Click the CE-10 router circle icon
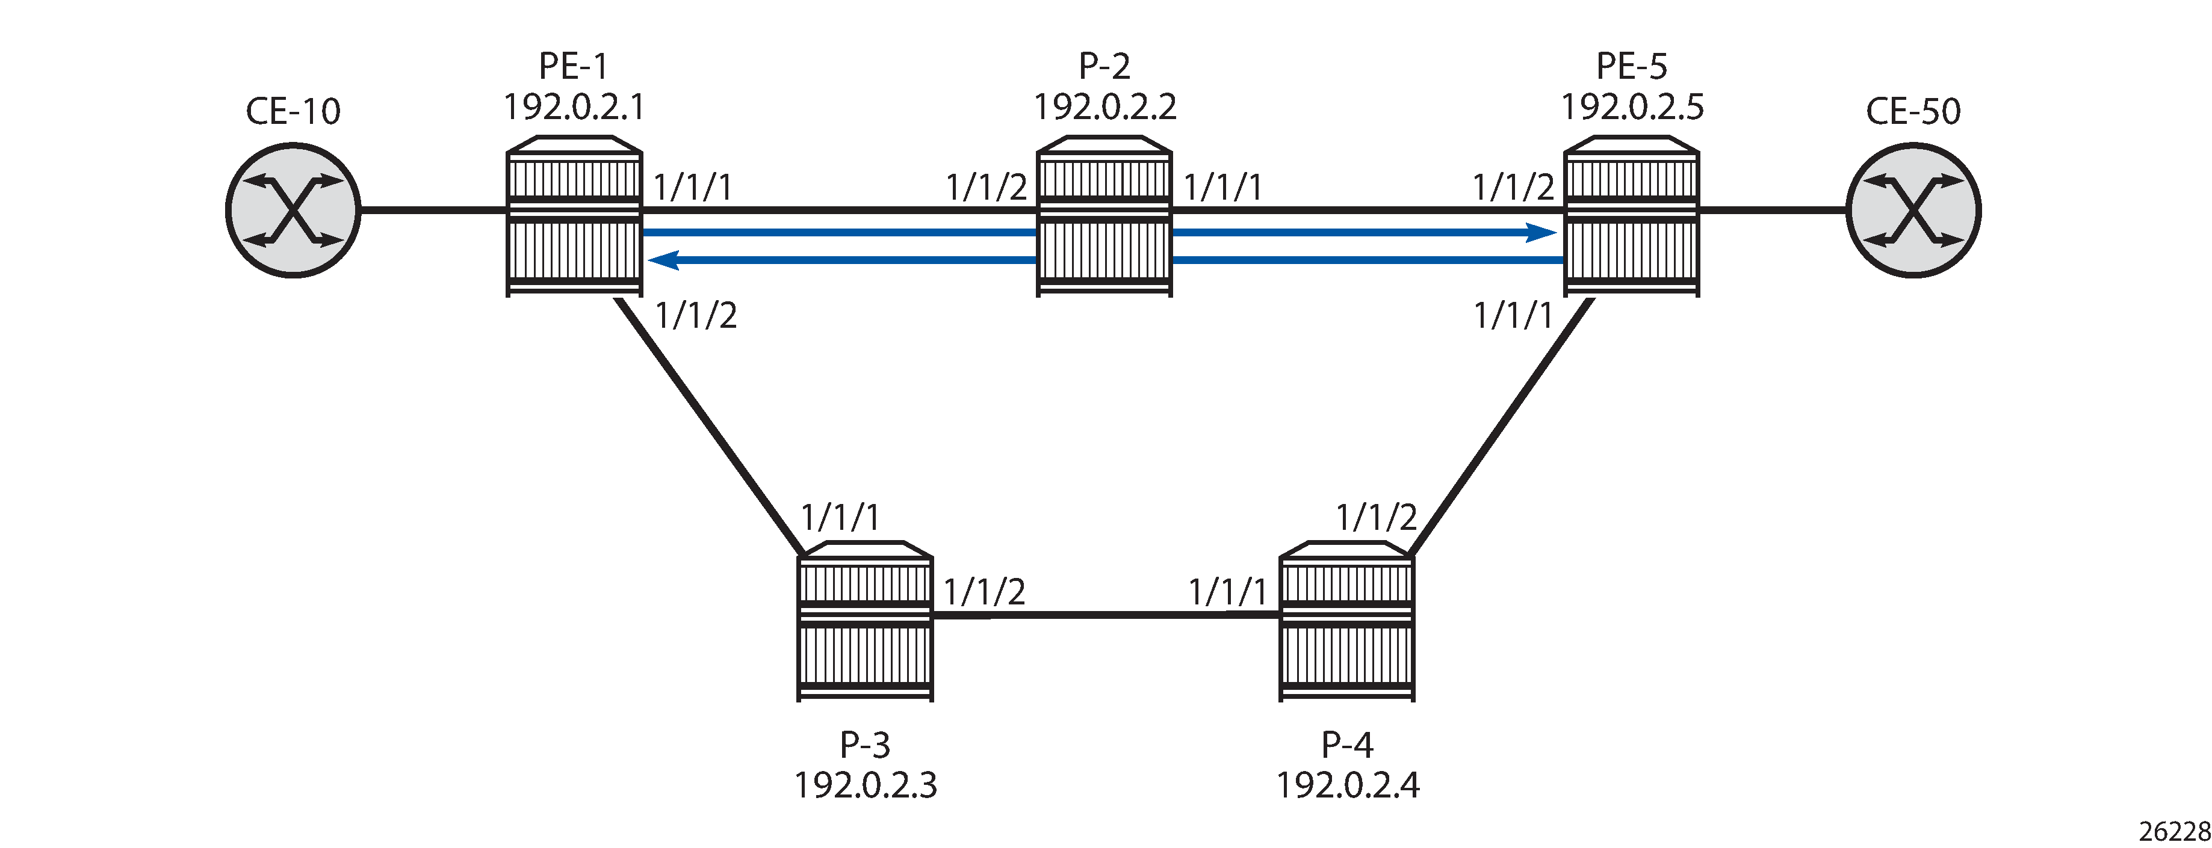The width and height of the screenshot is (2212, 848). tap(293, 210)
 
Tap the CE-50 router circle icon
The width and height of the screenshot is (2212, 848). tap(1914, 210)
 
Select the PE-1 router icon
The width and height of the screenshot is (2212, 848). tap(574, 217)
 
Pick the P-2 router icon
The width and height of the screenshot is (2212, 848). tap(1104, 217)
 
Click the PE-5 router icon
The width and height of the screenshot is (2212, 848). tap(1632, 217)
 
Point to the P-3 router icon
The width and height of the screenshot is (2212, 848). tap(865, 621)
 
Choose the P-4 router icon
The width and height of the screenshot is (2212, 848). tap(1346, 621)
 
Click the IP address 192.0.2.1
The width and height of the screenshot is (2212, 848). tap(574, 107)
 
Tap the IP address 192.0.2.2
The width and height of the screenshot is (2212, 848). tap(1104, 107)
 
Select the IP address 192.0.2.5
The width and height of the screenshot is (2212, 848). tap(1632, 107)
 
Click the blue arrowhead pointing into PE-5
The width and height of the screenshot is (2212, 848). tap(1540, 232)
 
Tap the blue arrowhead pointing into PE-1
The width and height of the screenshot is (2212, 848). tap(665, 259)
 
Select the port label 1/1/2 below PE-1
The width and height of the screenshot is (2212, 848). tap(696, 316)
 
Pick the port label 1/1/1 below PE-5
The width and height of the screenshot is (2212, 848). tap(1513, 316)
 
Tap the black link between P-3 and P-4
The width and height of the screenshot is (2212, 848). tap(1106, 615)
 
